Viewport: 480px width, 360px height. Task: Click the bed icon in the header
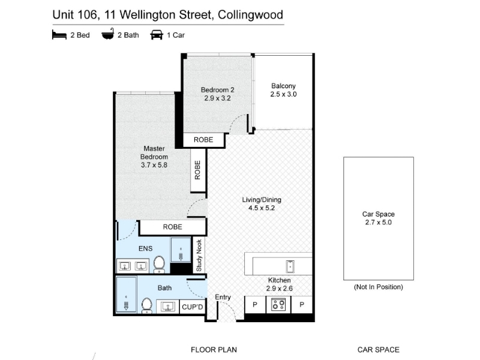pos(59,35)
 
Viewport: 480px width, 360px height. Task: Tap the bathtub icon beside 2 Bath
pos(108,34)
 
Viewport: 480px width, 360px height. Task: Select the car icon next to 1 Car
pos(157,35)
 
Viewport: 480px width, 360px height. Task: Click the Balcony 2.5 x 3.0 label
pos(283,90)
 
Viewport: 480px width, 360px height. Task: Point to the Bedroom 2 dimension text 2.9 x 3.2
pos(217,98)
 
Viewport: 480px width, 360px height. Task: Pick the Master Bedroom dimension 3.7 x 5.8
pos(154,165)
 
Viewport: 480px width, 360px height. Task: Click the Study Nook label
pos(199,256)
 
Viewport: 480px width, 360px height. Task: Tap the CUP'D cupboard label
pos(192,307)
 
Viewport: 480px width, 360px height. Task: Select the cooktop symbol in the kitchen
pos(278,305)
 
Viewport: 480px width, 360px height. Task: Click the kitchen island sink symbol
pos(290,266)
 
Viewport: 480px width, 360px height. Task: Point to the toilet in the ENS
pos(159,265)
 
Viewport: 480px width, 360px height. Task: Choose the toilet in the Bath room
pos(147,305)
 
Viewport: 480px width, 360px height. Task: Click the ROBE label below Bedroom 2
pos(203,140)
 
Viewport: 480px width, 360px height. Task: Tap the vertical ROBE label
pos(198,170)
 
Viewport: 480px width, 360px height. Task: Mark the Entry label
pos(223,297)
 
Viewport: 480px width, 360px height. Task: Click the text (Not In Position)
pos(379,287)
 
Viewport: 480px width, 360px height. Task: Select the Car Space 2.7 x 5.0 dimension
pos(379,223)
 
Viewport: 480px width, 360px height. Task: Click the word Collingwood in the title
pos(250,15)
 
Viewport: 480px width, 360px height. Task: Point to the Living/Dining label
pos(262,200)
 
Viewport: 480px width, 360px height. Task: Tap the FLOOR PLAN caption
pos(214,350)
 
